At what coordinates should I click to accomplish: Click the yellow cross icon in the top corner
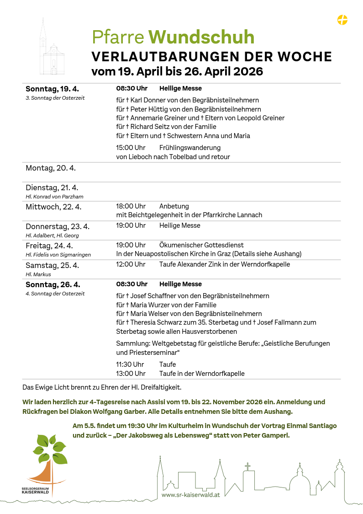(342, 20)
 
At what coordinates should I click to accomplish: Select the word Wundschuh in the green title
(201, 37)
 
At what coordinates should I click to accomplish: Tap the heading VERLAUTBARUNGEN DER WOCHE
(211, 57)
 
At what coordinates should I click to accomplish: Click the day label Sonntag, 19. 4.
(52, 89)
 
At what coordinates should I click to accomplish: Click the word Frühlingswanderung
(189, 148)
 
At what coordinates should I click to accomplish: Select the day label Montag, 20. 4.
(50, 168)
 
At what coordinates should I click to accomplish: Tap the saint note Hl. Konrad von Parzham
(54, 197)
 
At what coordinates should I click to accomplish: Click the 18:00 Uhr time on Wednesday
(131, 206)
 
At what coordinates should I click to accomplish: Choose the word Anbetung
(174, 206)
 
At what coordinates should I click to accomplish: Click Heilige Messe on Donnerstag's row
(179, 225)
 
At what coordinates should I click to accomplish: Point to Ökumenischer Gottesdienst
(201, 245)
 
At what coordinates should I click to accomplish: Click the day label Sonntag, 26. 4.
(53, 284)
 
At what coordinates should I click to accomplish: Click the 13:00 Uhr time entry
(131, 374)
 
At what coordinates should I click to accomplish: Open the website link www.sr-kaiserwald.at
(190, 495)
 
